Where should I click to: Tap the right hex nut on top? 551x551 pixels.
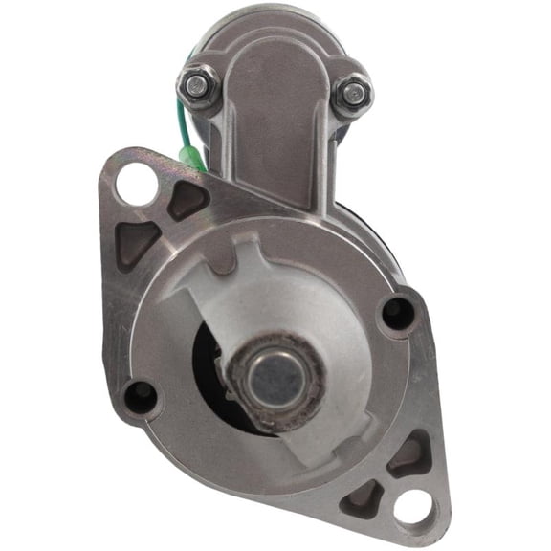(x=352, y=93)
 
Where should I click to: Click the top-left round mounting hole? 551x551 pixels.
(x=137, y=183)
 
